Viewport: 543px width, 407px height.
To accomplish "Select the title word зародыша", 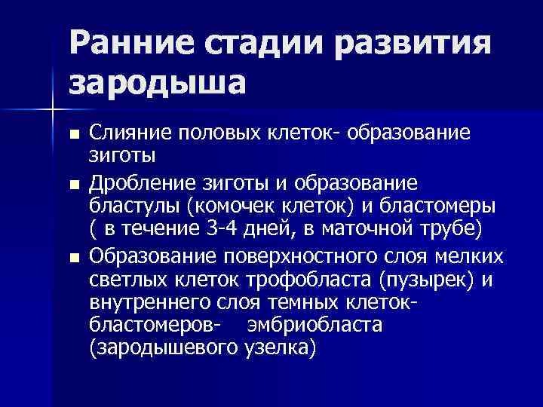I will coord(158,81).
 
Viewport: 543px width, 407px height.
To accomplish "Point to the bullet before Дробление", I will coord(73,185).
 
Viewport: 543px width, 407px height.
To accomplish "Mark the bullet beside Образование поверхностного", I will coord(73,258).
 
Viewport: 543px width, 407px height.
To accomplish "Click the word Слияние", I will coord(132,133).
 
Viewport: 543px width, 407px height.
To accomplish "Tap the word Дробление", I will coord(144,184).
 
